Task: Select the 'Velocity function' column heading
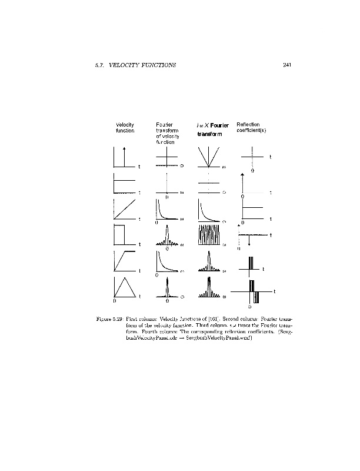click(x=125, y=128)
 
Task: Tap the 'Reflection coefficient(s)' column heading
click(x=251, y=128)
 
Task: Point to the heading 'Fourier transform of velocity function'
click(x=167, y=134)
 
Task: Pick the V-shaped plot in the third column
click(x=209, y=157)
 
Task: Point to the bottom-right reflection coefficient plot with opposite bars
click(x=253, y=290)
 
